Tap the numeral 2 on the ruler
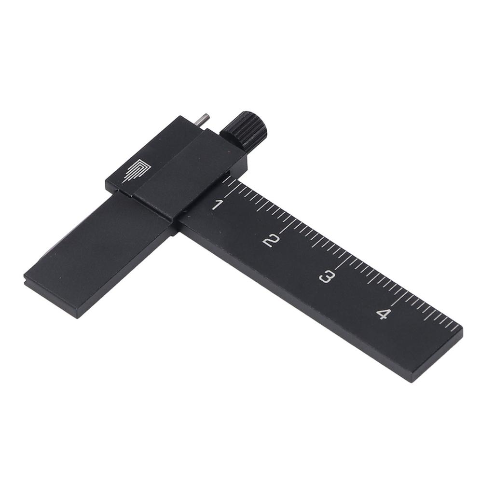pyautogui.click(x=271, y=240)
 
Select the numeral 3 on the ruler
pyautogui.click(x=327, y=277)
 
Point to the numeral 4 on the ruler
pyautogui.click(x=383, y=314)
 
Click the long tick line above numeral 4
pyautogui.click(x=400, y=298)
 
